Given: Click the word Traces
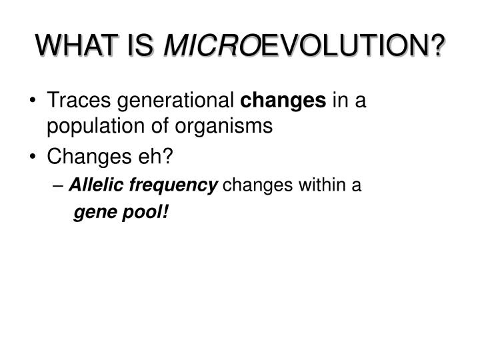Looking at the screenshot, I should (x=77, y=101).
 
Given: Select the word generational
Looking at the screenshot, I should (x=174, y=101).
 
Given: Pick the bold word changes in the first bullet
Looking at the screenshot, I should (x=283, y=101).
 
